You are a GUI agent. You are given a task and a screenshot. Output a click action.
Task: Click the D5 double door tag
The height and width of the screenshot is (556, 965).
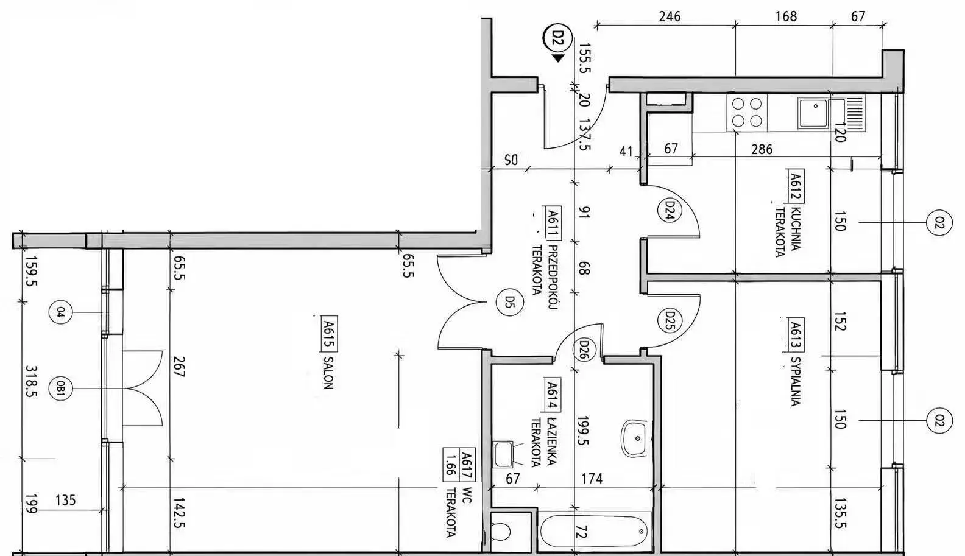[x=509, y=302]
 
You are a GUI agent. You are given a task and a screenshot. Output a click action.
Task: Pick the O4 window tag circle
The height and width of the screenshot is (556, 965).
[x=60, y=312]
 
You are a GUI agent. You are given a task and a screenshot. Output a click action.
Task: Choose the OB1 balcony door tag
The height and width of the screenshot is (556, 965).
[x=60, y=389]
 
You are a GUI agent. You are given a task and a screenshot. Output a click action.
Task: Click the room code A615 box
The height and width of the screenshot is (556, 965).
[x=330, y=334]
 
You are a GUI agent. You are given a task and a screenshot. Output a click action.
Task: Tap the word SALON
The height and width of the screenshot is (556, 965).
[x=328, y=373]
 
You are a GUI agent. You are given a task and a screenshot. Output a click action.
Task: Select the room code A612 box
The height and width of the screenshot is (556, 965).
[x=796, y=186]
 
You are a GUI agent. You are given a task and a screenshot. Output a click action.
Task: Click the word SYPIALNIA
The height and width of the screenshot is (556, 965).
[x=795, y=382]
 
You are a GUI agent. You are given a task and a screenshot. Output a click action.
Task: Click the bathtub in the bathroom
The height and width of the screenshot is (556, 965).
[x=595, y=532]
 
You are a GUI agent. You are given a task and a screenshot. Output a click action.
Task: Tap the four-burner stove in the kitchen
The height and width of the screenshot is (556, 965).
[x=747, y=113]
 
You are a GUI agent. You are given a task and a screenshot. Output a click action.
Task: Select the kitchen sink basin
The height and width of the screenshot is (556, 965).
[x=813, y=113]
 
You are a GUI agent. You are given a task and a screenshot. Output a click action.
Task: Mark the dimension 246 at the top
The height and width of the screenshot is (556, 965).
[x=670, y=16]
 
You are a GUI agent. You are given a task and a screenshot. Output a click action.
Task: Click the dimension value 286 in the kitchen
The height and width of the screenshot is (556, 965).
[x=762, y=149]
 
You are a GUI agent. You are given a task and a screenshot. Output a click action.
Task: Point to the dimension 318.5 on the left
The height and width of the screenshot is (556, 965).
[x=32, y=382]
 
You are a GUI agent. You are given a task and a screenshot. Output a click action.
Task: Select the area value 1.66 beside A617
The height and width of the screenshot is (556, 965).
[x=451, y=465]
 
